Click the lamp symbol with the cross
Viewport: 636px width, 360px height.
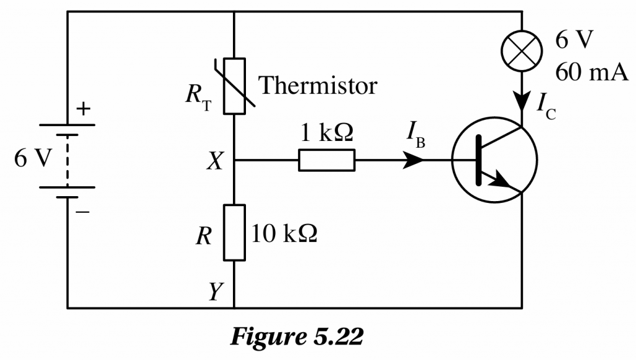522,52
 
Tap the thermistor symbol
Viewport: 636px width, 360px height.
234,86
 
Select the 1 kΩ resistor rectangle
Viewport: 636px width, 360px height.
327,161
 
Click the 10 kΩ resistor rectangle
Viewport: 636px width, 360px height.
234,233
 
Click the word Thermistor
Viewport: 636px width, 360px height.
317,85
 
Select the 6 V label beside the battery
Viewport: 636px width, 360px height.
31,159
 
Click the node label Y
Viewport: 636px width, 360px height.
215,290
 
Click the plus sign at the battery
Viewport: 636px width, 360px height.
83,109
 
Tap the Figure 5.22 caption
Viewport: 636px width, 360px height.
296,337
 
